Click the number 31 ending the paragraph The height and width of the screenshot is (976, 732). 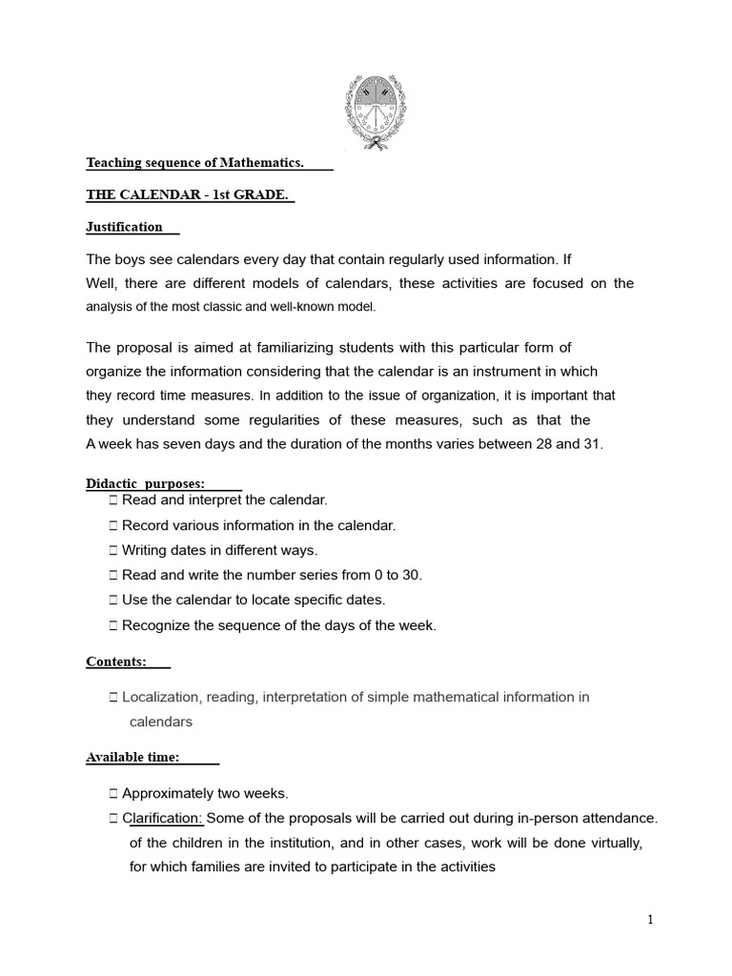(x=594, y=445)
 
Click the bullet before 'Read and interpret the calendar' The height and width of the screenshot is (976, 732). (x=113, y=499)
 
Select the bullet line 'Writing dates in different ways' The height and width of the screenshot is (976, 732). (x=219, y=550)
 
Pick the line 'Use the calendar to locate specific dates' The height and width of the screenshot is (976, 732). (x=254, y=600)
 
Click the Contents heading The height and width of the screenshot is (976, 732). (x=116, y=661)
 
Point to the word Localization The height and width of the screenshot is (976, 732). (x=163, y=697)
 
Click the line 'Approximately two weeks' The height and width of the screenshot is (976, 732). (x=205, y=793)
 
